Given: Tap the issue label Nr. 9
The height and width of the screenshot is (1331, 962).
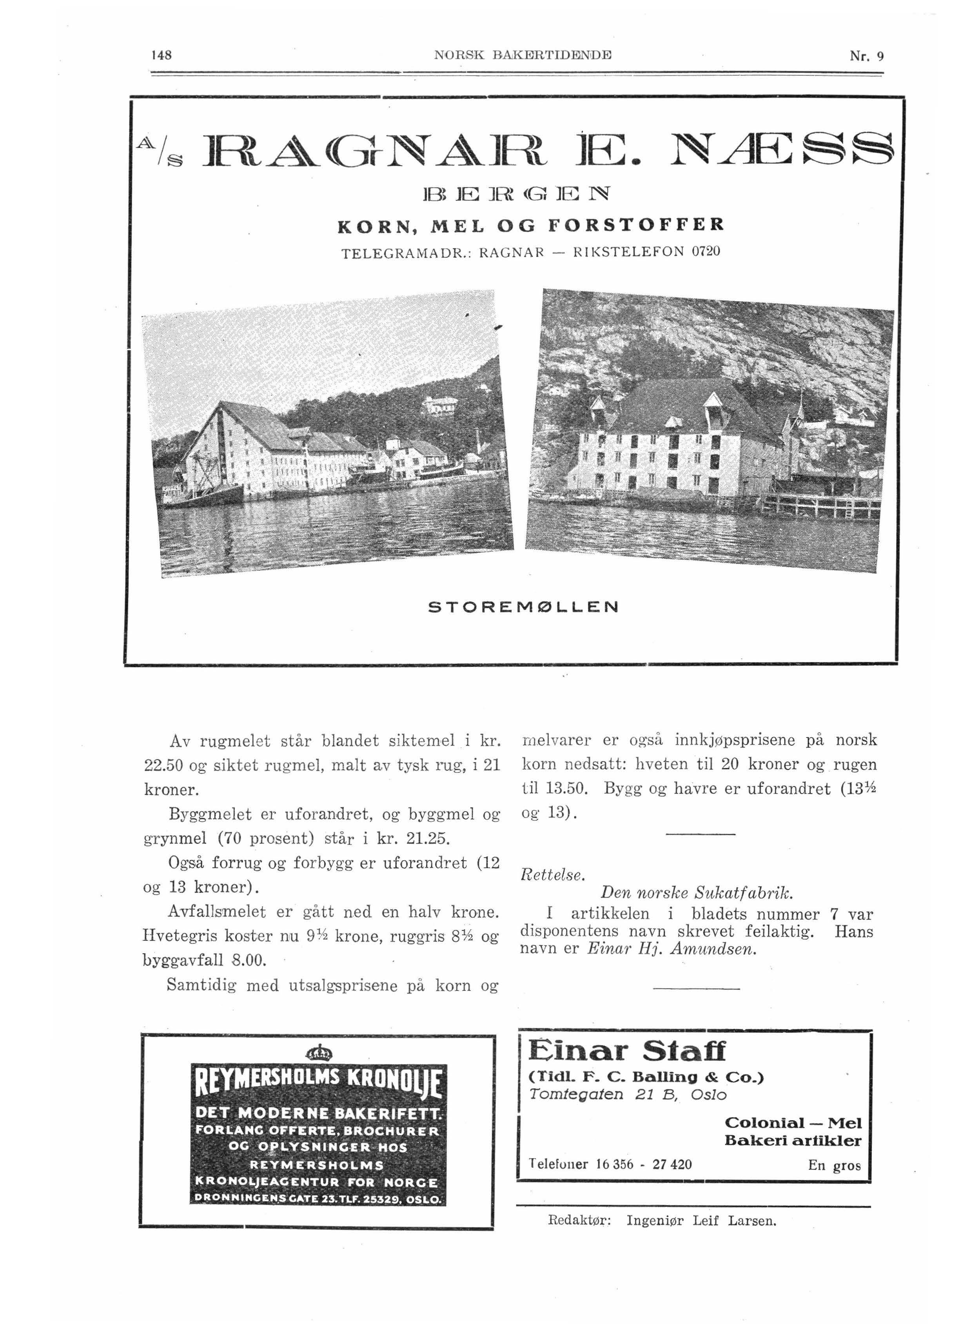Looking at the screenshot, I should (866, 56).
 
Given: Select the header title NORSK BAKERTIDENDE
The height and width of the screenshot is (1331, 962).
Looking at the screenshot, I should (523, 56).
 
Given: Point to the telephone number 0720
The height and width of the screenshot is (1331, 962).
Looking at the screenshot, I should (706, 252).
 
